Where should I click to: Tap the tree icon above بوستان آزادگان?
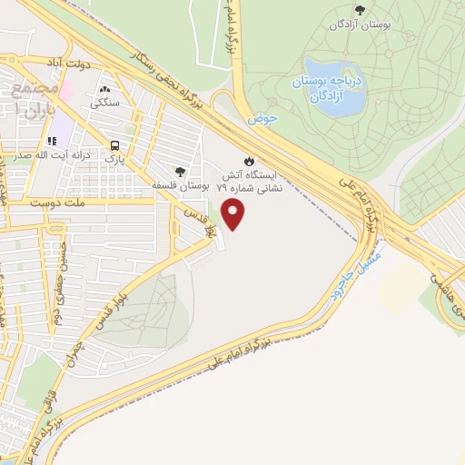pos(361,11)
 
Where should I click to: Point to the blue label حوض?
pos(262,118)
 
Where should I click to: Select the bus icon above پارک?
pos(115,144)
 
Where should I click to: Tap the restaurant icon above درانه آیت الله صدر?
pos(53,142)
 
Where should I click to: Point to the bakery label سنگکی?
pos(106,104)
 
